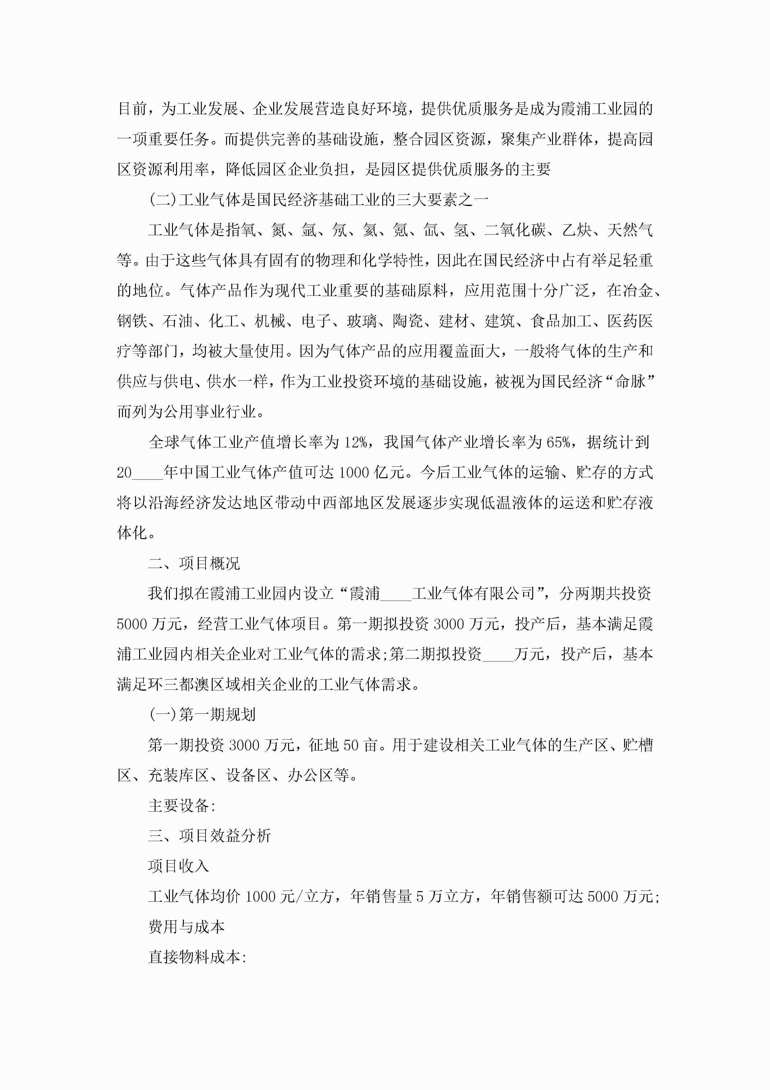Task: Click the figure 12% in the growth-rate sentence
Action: (355, 442)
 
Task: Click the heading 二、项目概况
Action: (194, 564)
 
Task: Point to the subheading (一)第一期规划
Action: (202, 714)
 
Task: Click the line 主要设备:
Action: (182, 806)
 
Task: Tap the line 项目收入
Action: (179, 866)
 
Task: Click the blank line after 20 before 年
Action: (147, 473)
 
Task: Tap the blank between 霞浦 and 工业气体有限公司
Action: (396, 594)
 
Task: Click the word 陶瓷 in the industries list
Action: (408, 321)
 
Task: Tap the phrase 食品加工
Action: (561, 321)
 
